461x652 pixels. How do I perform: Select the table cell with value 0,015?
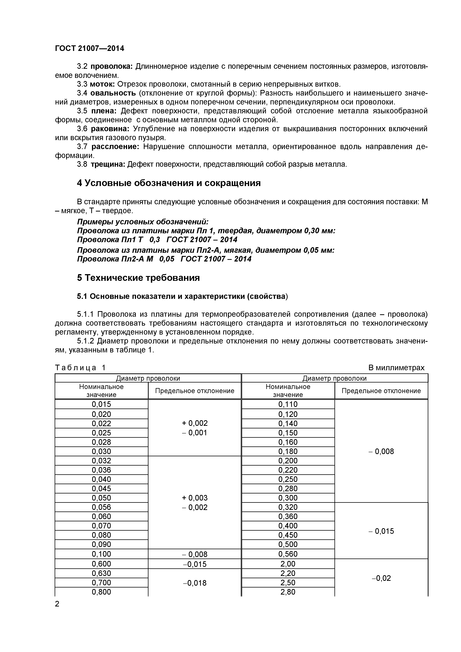[x=101, y=404]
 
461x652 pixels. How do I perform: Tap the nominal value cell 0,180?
[x=288, y=451]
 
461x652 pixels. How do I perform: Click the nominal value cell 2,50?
[x=288, y=583]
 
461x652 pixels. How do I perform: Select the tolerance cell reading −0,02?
[x=381, y=578]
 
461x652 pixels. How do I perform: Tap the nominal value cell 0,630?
[x=101, y=573]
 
